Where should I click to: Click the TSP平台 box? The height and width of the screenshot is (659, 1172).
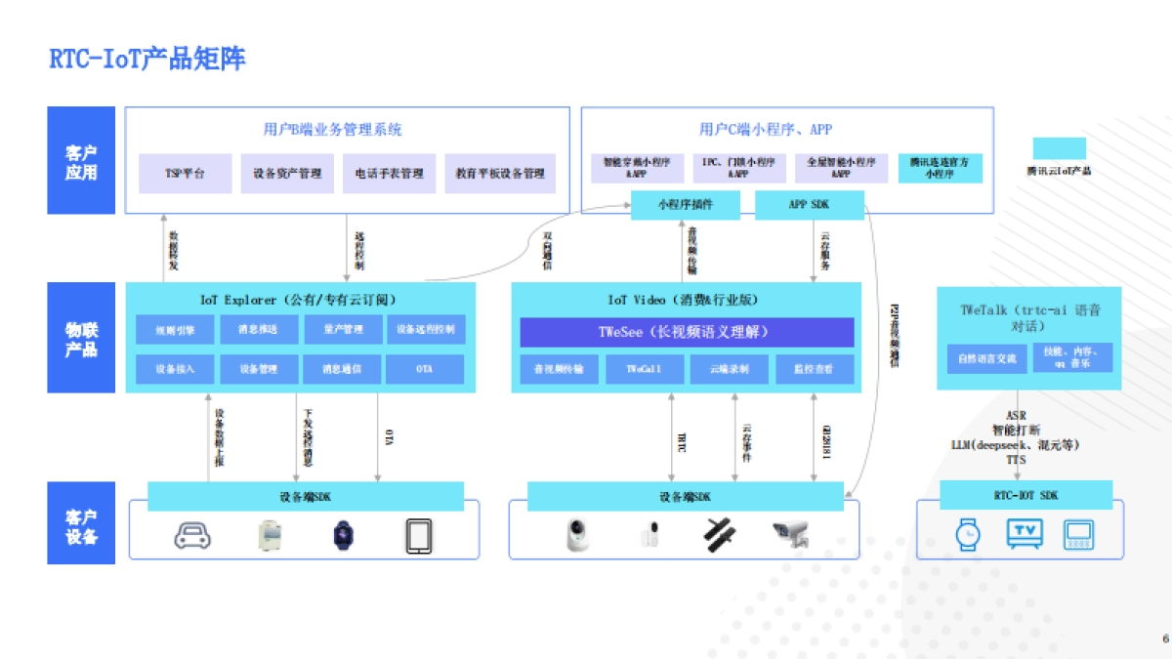tap(185, 174)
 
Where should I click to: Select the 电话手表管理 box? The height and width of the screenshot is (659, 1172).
tap(389, 174)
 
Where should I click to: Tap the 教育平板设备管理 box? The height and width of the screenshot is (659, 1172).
tap(499, 174)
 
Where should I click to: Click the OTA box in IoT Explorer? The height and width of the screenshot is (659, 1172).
tap(425, 369)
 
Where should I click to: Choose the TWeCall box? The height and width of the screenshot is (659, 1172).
tap(644, 369)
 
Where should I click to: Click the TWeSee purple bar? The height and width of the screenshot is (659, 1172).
tap(687, 332)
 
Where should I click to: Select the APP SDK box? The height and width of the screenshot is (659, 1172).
tap(810, 204)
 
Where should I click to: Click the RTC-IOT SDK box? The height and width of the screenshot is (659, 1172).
tap(1025, 495)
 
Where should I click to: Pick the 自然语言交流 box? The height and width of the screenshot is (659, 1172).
tap(987, 358)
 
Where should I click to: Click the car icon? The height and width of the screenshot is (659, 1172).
tap(192, 535)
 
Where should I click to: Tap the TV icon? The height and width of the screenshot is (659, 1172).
tap(1025, 533)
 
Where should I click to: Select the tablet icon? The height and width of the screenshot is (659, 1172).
tap(419, 535)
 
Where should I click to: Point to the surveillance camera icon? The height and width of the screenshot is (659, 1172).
tap(791, 534)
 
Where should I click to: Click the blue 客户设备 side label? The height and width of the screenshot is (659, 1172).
tap(81, 523)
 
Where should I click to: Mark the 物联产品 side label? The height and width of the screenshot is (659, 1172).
tap(81, 338)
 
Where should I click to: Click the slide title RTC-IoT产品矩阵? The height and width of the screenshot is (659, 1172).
tap(147, 59)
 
